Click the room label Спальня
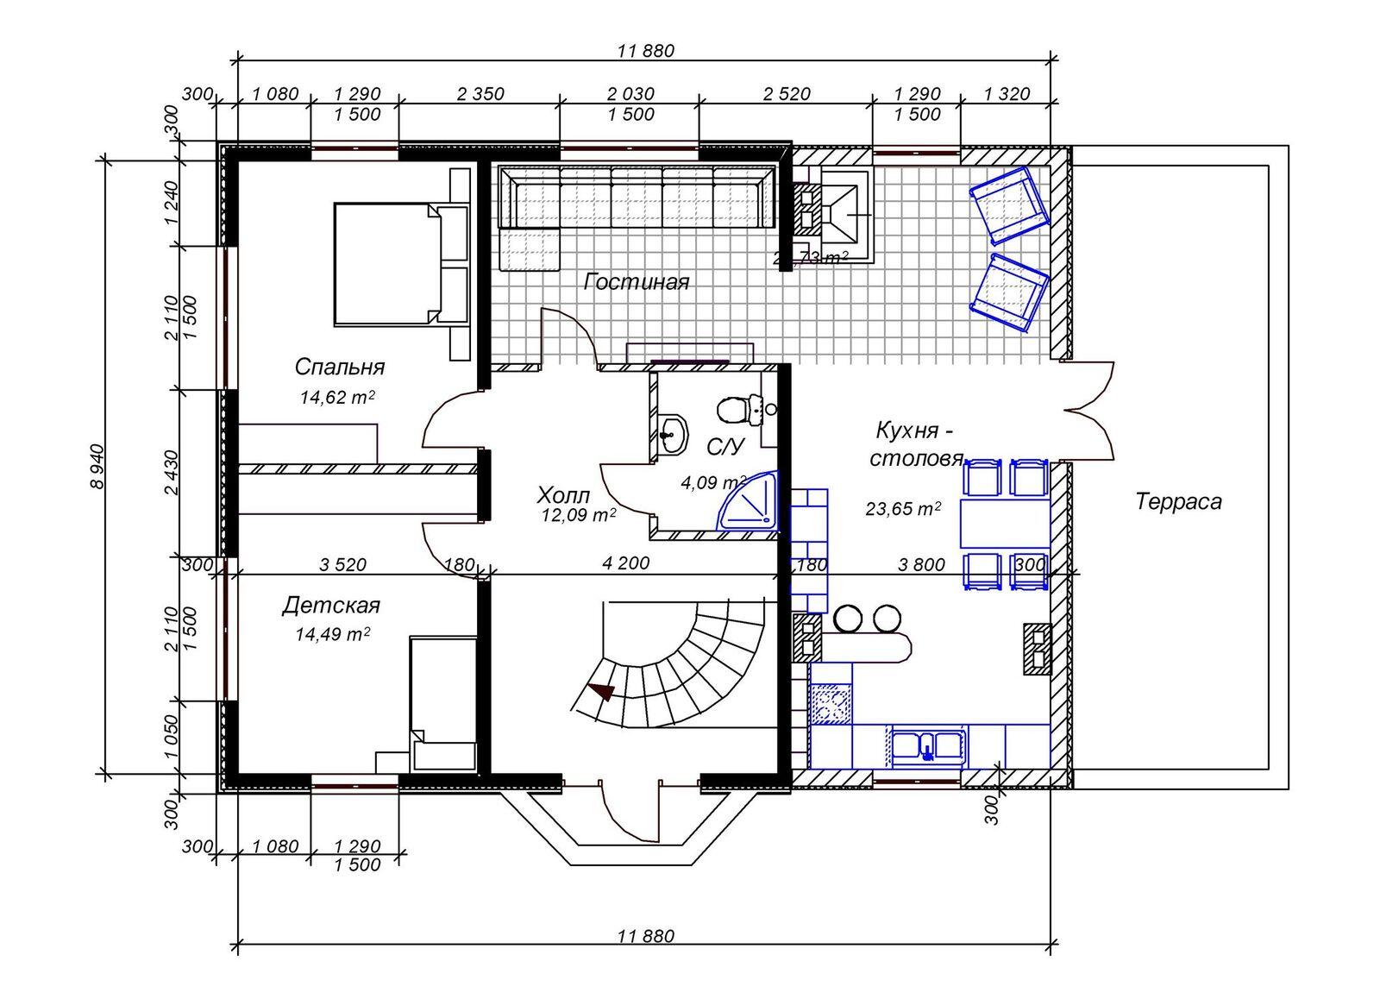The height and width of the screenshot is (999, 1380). [x=339, y=367]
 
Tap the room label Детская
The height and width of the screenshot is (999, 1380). [x=330, y=606]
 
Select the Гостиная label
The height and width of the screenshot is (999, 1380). [x=636, y=282]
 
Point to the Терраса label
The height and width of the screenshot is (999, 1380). [x=1178, y=501]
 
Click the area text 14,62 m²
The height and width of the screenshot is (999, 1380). [x=336, y=397]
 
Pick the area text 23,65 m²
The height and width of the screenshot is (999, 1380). [x=902, y=509]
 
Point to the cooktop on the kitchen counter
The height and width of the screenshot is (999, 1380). [x=831, y=703]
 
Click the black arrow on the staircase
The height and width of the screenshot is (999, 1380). [x=601, y=691]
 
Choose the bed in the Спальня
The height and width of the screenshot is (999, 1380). [x=388, y=264]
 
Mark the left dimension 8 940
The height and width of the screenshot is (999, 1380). [x=97, y=466]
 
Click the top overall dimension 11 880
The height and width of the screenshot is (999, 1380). [x=645, y=50]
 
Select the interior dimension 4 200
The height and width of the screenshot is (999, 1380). [x=626, y=564]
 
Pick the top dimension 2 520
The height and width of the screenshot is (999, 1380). [x=786, y=94]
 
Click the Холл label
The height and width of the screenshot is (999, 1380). [x=563, y=495]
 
